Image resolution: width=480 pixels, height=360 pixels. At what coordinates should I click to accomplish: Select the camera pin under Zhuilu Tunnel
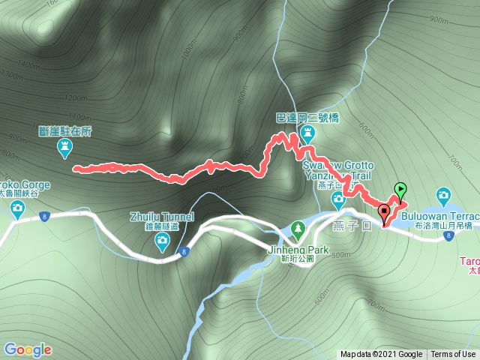[x=162, y=241]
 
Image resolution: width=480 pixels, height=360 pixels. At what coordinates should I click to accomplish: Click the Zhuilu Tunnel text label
[x=161, y=217]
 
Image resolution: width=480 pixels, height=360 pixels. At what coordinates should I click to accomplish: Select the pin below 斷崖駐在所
[x=65, y=148]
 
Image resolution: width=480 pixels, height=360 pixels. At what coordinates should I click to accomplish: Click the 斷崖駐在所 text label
[x=65, y=129]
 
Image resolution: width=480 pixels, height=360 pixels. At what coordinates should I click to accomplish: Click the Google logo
[x=27, y=349]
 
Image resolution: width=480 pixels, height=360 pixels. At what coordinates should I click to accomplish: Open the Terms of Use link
[x=453, y=355]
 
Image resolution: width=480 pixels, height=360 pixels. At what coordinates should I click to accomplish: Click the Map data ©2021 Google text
[x=381, y=355]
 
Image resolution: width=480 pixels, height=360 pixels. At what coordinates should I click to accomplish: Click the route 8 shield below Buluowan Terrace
[x=448, y=237]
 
